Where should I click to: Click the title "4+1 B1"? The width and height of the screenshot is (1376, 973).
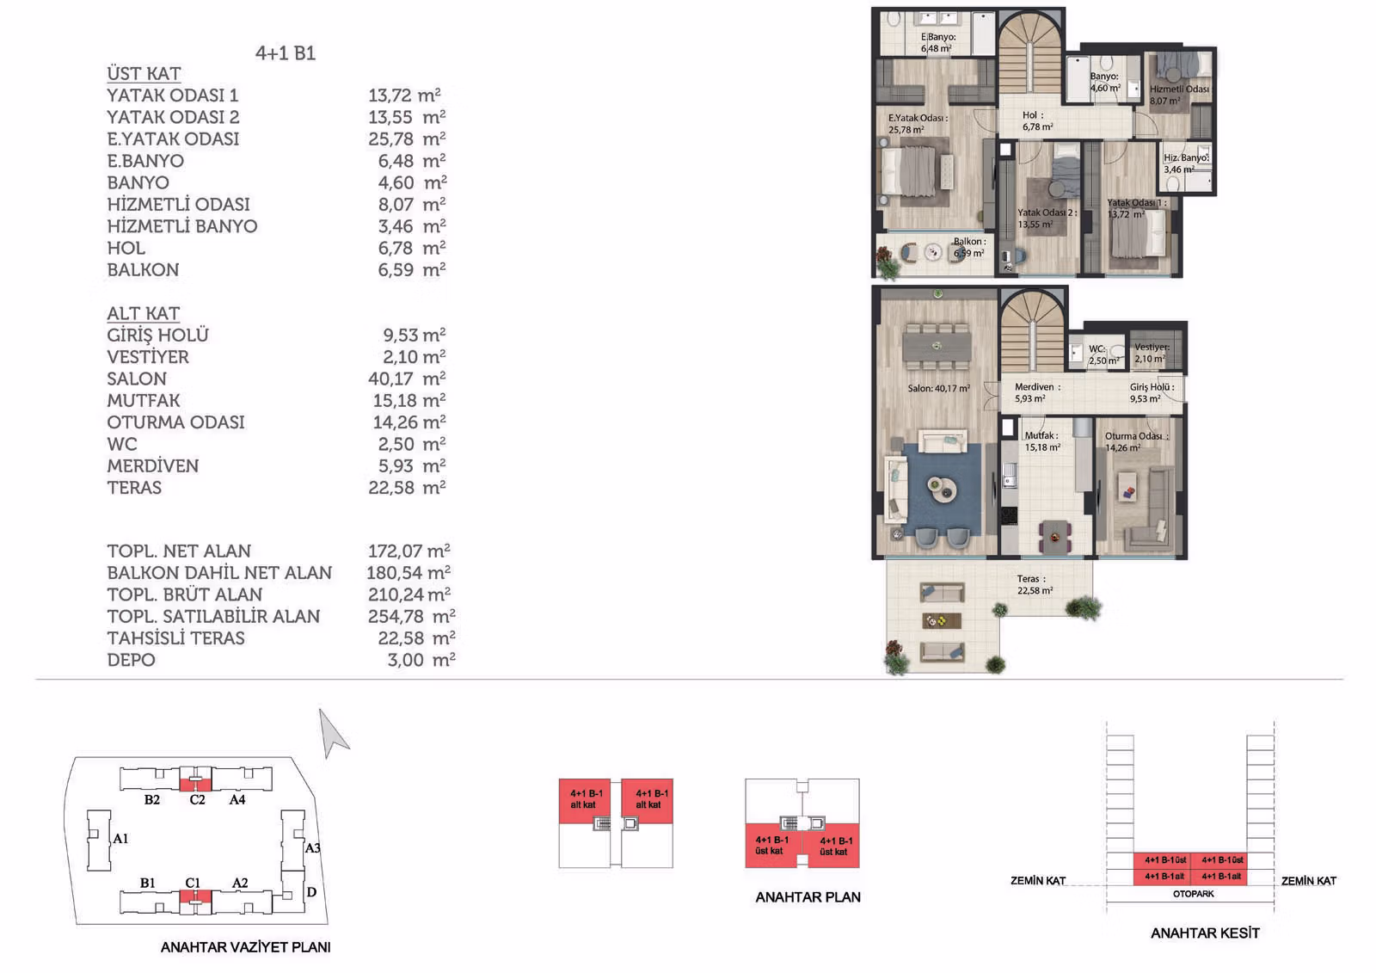pos(286,53)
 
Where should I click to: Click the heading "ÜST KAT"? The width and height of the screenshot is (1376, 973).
pos(144,74)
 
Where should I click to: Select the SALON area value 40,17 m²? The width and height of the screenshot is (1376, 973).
pos(407,378)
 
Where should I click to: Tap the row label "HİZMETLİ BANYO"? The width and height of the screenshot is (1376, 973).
pos(181,226)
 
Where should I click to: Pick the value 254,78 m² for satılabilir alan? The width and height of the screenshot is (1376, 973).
pos(412,616)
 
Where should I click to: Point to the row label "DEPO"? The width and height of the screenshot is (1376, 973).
pos(131,660)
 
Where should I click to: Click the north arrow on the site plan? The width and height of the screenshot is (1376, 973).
pos(332,733)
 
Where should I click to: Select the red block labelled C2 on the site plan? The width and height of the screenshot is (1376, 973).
pos(195,784)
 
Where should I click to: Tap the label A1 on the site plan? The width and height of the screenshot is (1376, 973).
pos(120,839)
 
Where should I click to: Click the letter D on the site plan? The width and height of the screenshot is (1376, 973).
pos(311,892)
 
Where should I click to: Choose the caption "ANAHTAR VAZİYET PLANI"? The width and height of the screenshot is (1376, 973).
pos(246,947)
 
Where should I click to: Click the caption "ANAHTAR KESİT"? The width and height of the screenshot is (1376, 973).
pos(1205,933)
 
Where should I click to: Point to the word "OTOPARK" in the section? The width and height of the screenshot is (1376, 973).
pos(1193,894)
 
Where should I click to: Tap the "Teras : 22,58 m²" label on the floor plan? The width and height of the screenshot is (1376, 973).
pos(1035,584)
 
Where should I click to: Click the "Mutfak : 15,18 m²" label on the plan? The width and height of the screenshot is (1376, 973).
pos(1041,441)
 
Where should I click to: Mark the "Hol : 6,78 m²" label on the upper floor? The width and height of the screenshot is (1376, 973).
pos(1037,121)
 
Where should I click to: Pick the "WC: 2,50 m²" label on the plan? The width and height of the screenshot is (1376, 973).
pos(1103,354)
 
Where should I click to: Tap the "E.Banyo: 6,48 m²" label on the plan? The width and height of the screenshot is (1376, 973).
pos(937,42)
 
